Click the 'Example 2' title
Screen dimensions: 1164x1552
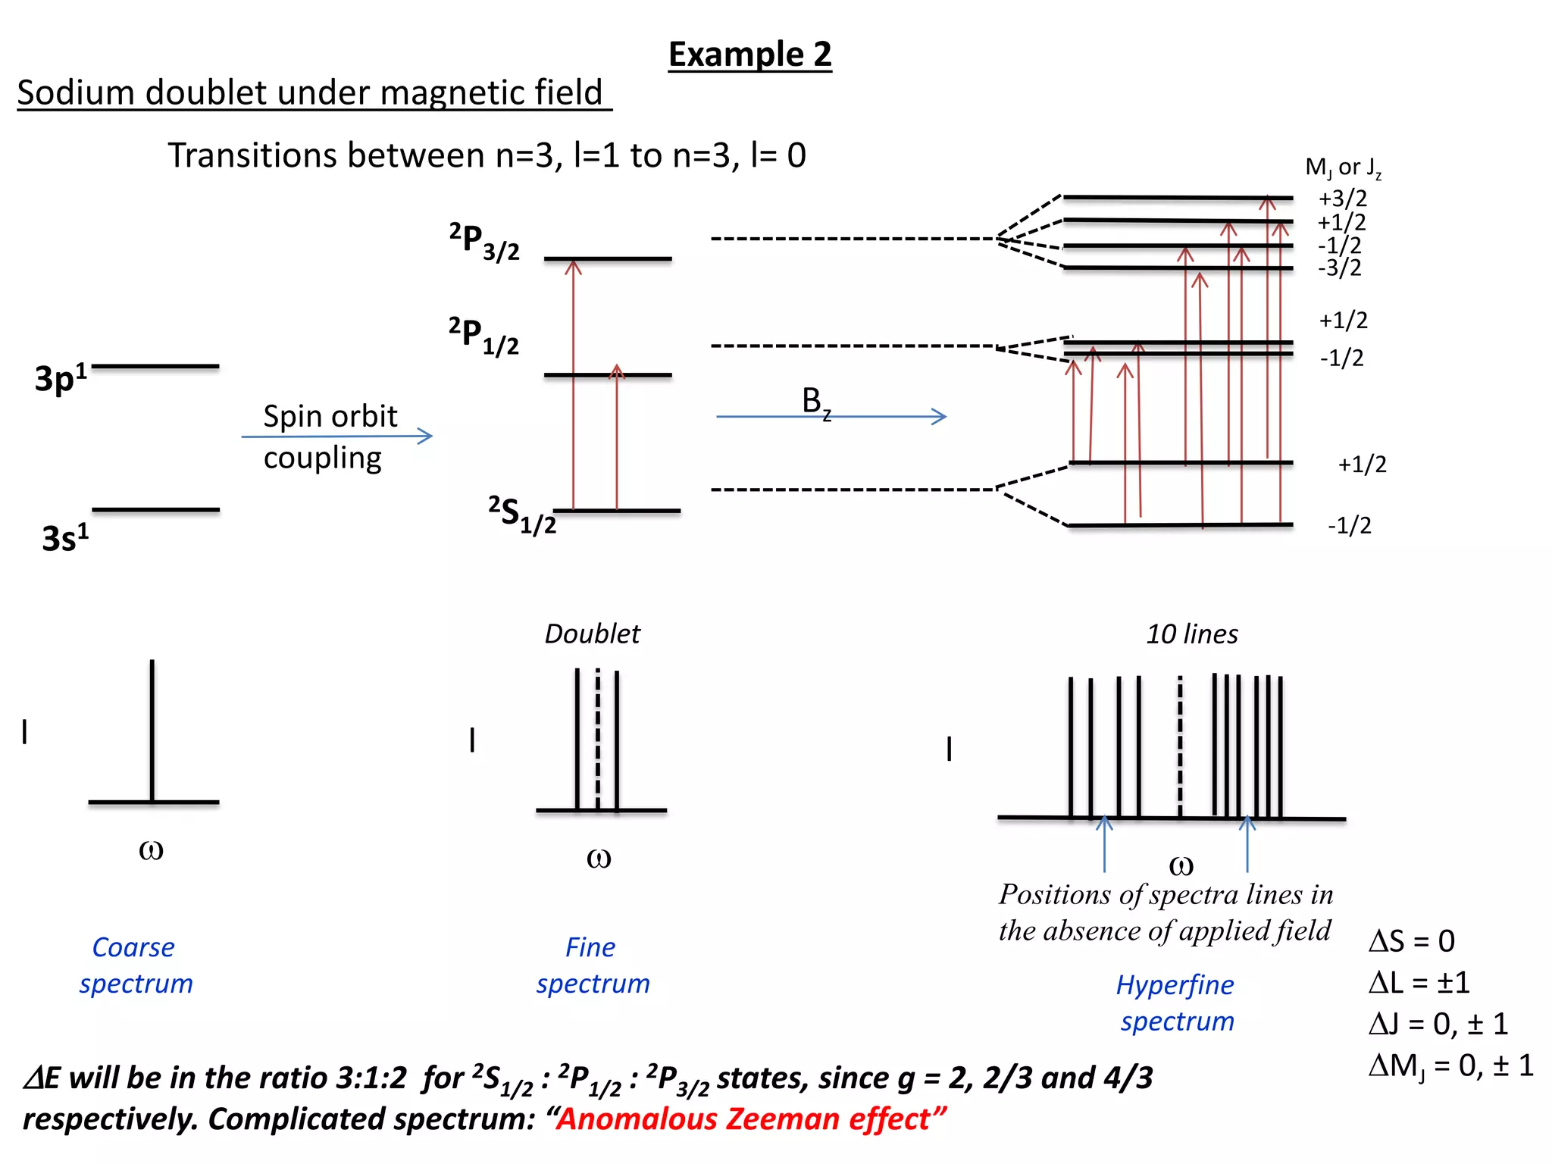tap(749, 55)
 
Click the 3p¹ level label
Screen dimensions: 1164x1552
tap(61, 377)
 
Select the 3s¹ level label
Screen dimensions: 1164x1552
tap(65, 537)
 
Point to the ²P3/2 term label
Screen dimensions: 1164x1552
tap(484, 241)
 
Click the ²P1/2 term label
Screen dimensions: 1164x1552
tap(483, 336)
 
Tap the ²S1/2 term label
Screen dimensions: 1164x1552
tap(522, 515)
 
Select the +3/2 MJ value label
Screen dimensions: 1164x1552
tap(1343, 199)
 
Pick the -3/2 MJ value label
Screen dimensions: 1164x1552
tap(1339, 268)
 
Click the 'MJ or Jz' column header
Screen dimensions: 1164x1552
tap(1343, 167)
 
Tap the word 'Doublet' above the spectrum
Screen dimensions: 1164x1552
tap(592, 634)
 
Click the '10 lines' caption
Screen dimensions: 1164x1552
tap(1192, 634)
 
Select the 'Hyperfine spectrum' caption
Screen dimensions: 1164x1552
tap(1176, 1003)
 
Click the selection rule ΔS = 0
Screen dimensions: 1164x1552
tap(1411, 941)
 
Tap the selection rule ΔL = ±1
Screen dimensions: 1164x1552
tap(1419, 983)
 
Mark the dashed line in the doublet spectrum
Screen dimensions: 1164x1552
tap(598, 739)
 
